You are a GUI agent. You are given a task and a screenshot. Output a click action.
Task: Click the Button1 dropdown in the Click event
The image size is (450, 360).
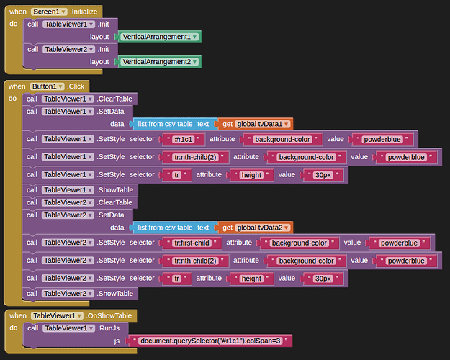coord(49,86)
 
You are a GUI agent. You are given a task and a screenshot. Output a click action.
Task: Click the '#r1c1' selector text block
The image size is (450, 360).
coord(186,139)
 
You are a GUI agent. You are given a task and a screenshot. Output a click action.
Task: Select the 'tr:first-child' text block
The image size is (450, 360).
coord(192,243)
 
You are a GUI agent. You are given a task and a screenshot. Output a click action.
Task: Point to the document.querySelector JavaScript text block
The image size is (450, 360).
coord(212,341)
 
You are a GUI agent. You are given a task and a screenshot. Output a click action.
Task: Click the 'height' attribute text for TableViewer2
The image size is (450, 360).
coord(251,279)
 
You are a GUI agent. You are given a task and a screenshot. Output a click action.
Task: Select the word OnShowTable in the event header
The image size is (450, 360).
coord(115,316)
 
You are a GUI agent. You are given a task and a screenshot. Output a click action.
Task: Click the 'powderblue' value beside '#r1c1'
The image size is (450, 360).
coord(382,139)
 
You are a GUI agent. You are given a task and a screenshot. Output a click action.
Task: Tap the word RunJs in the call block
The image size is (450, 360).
coord(112,328)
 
